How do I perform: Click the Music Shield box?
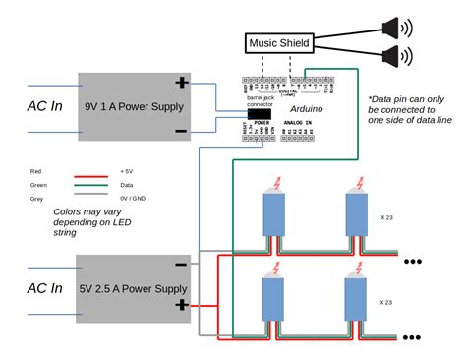click(278, 42)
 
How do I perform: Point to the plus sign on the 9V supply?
click(181, 84)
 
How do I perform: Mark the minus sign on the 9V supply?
click(181, 130)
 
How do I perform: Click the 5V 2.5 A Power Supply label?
click(134, 288)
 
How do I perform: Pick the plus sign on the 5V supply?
click(181, 306)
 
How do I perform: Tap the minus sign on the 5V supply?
click(181, 264)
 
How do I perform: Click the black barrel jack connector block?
click(260, 115)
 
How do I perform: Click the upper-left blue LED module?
click(272, 213)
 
